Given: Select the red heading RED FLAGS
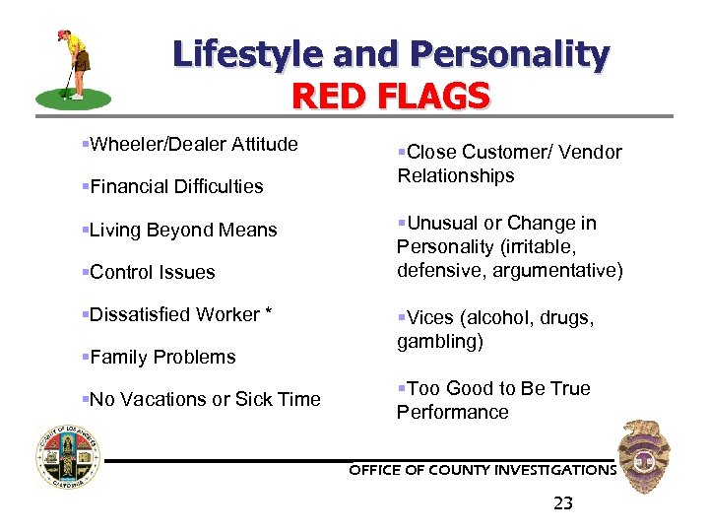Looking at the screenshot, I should [391, 97].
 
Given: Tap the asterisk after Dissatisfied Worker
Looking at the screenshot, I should [267, 313].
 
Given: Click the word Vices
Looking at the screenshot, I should [430, 317].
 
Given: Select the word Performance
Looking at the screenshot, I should [453, 412].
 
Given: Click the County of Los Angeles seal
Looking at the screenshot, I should [68, 459].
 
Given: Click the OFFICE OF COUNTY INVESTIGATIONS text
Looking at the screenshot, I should [483, 470].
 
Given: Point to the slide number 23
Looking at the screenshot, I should [563, 503].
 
